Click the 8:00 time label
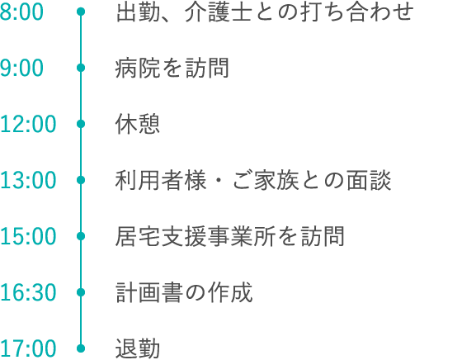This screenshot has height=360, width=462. (x=21, y=12)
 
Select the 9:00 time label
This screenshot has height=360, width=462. (x=21, y=68)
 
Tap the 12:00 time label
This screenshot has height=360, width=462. (x=28, y=124)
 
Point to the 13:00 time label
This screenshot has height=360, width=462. (x=28, y=180)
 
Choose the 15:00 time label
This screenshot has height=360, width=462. (x=28, y=236)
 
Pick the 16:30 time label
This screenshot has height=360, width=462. (x=28, y=292)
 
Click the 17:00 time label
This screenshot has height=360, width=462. (x=28, y=348)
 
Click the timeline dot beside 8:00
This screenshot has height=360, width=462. (x=81, y=12)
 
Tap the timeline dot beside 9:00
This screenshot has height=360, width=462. (x=81, y=68)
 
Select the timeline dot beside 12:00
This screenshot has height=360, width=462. (x=81, y=124)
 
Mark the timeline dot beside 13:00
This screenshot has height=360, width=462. (x=81, y=180)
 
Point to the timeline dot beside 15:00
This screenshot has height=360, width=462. (x=81, y=236)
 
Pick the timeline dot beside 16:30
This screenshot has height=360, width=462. (x=81, y=292)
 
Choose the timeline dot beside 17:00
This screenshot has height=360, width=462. (x=81, y=348)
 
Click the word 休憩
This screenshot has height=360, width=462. (x=138, y=124)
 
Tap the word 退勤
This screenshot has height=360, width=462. (x=138, y=348)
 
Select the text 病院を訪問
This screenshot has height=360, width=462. (x=172, y=68)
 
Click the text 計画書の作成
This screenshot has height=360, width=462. (x=184, y=292)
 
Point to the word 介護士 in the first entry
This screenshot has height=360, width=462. (x=219, y=12)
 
